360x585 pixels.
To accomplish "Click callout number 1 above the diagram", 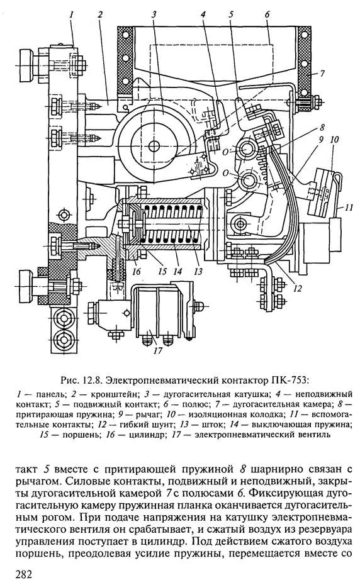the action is click(x=70, y=15).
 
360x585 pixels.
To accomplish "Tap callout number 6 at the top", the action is click(x=267, y=15).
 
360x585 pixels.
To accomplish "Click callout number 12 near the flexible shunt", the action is click(x=297, y=288).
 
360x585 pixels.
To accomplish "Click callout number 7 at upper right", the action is click(x=322, y=74).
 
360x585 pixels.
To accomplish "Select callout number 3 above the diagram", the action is click(x=154, y=15).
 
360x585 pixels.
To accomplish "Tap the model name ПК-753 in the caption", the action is click(x=289, y=380).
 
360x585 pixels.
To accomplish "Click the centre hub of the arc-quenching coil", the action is click(x=154, y=145).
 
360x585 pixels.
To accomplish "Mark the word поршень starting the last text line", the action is click(x=37, y=554).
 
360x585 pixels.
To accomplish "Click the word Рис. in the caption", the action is click(x=70, y=381).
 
